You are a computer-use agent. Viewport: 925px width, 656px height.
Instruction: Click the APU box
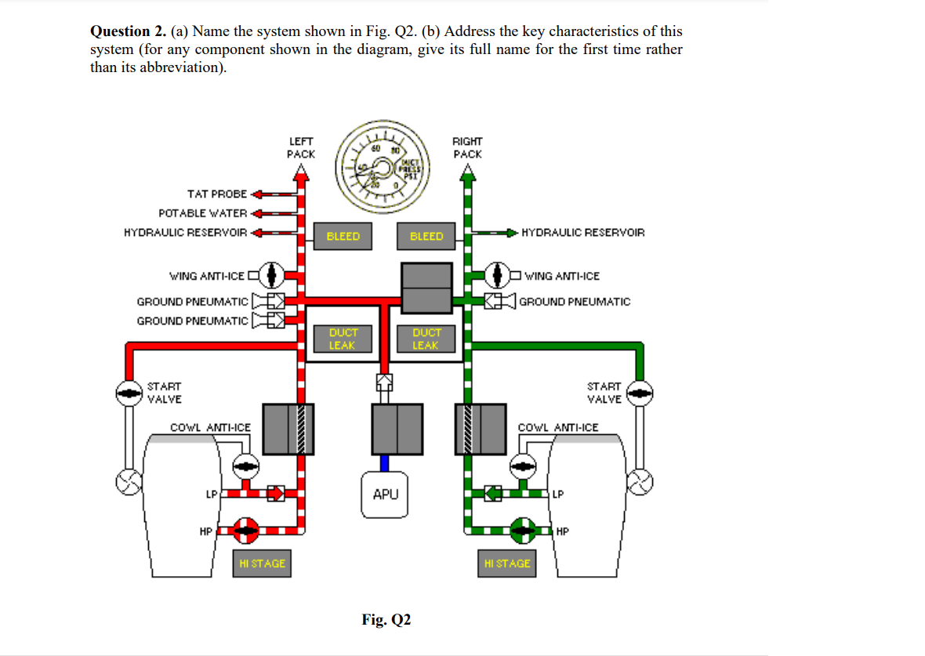click(385, 495)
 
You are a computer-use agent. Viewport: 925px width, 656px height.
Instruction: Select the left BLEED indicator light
click(343, 236)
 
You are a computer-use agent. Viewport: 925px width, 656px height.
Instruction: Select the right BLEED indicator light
click(426, 236)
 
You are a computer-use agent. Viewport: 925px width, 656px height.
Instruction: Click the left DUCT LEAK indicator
click(342, 339)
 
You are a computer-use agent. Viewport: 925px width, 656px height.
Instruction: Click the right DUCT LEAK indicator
click(426, 339)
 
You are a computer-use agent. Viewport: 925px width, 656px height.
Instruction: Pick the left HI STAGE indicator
click(263, 563)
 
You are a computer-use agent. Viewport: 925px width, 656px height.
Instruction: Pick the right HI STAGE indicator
click(507, 563)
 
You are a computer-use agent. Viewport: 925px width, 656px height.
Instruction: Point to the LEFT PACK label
click(301, 147)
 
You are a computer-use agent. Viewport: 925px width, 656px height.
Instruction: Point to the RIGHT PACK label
click(468, 147)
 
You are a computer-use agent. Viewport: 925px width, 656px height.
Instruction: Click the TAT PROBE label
click(216, 194)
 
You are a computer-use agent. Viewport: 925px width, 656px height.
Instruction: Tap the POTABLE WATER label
click(202, 213)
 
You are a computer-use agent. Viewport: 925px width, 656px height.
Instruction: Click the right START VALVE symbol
click(641, 393)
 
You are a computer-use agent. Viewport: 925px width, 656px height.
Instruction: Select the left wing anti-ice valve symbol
click(271, 274)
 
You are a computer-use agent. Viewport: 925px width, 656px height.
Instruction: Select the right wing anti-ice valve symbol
click(499, 275)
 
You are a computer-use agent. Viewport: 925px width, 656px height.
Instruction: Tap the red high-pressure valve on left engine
click(248, 530)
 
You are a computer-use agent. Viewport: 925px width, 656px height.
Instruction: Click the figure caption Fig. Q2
click(386, 620)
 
